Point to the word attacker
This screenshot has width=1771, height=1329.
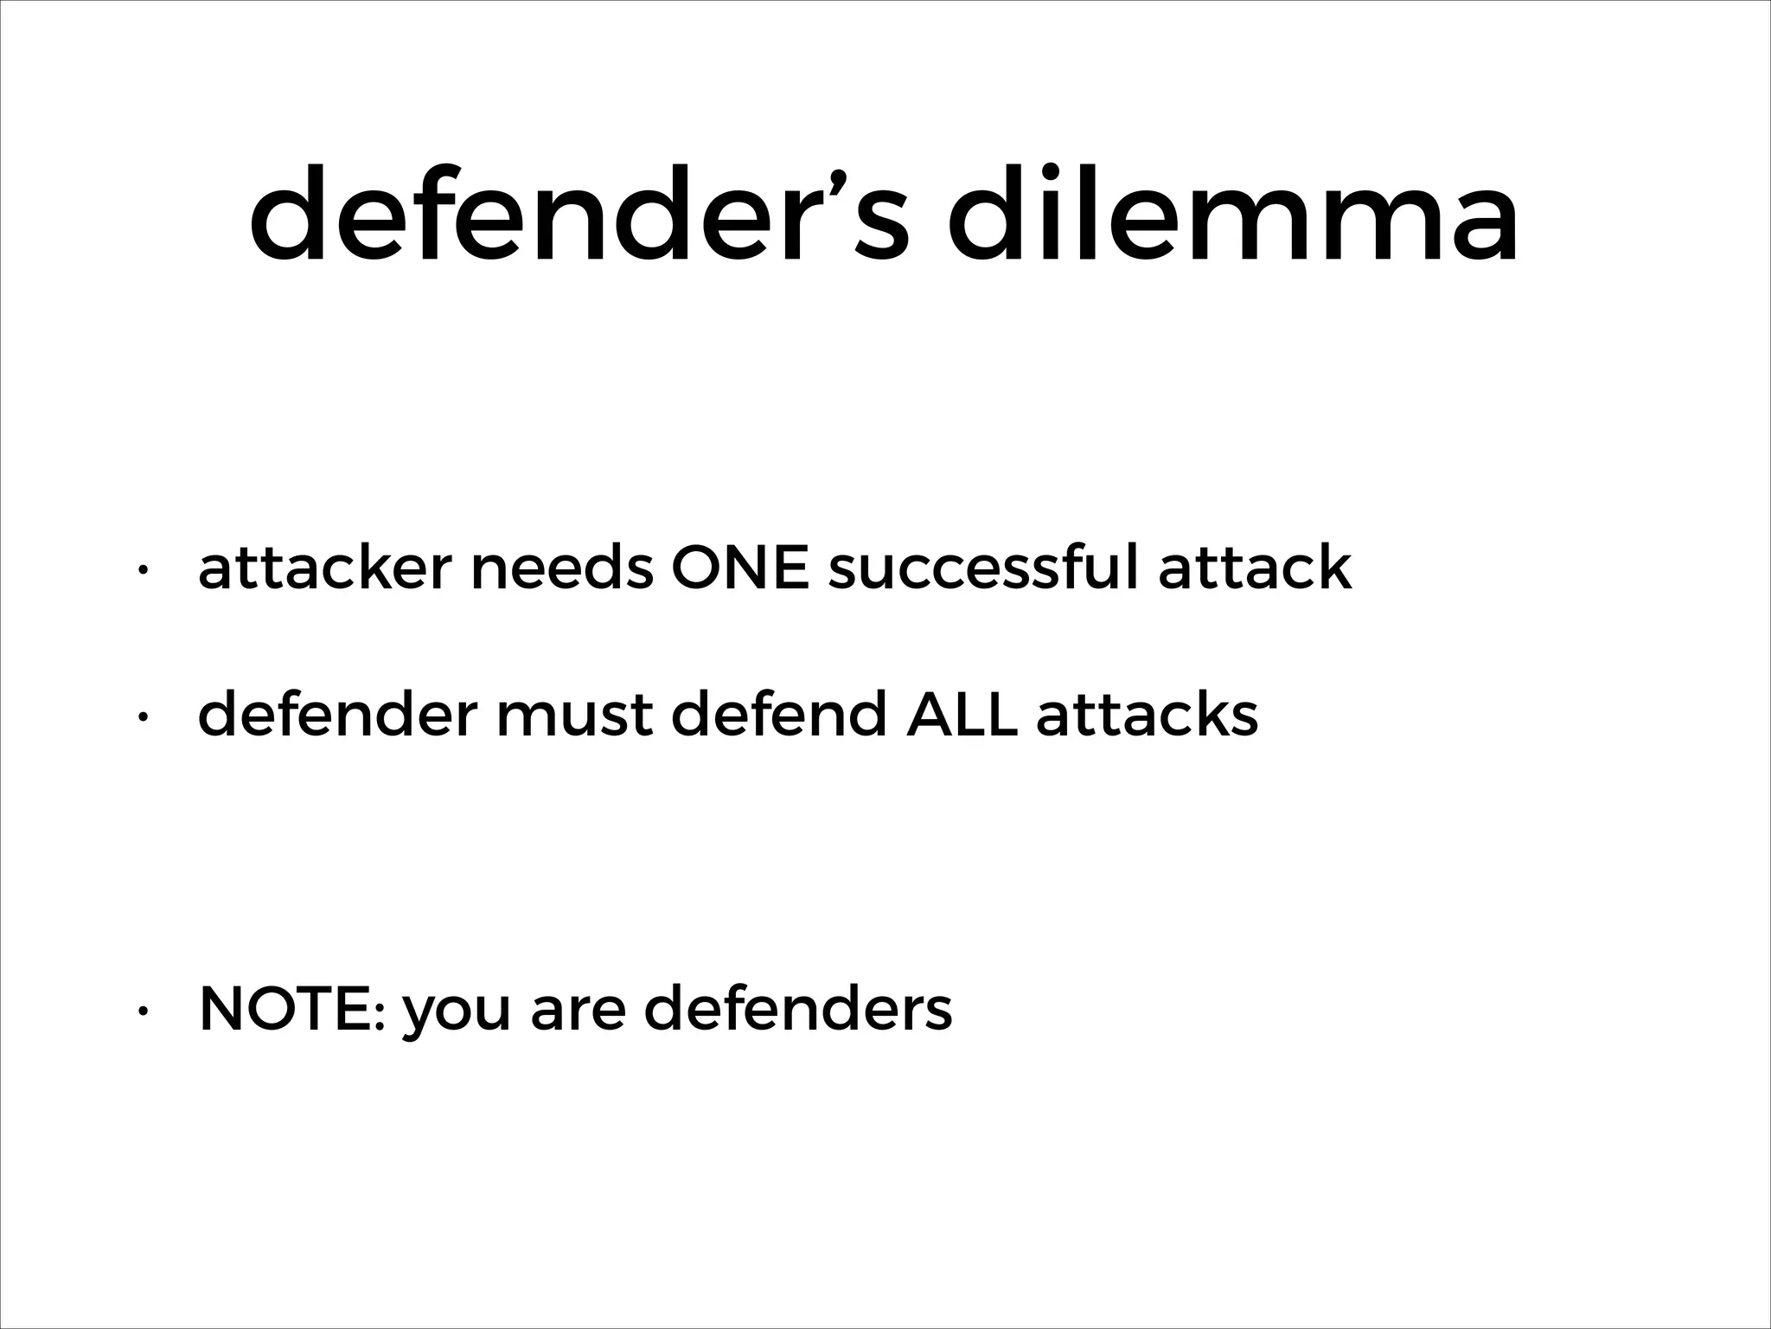(x=325, y=568)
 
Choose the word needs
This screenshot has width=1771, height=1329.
(x=562, y=568)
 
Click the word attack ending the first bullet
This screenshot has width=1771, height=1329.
(x=1255, y=568)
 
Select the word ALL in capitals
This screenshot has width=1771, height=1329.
(x=961, y=716)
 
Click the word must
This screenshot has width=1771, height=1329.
(x=573, y=716)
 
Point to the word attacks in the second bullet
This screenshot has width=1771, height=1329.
(x=1147, y=716)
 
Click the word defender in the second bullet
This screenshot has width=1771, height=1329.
(x=337, y=716)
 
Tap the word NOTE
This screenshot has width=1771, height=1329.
(x=291, y=1010)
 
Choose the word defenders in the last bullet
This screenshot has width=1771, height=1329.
(x=798, y=1010)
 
